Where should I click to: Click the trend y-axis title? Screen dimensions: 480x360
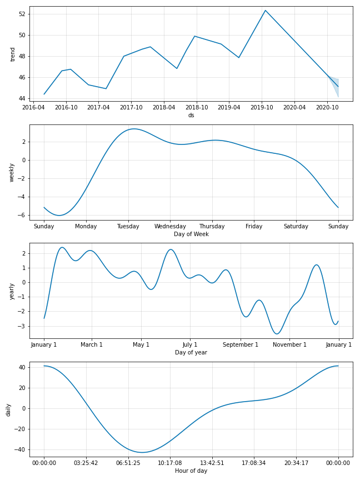12,54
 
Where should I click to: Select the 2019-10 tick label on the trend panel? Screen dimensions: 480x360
262,107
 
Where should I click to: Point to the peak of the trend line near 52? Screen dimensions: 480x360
266,11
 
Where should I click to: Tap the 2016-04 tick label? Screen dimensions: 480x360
33,107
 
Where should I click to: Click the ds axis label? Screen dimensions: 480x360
191,115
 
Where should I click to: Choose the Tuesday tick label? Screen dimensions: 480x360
128,226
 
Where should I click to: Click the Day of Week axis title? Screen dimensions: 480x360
191,234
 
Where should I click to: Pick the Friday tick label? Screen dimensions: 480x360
254,226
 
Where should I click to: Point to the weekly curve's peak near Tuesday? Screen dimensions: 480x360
133,129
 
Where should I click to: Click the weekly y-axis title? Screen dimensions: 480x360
12,172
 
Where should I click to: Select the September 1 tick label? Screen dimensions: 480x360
241,344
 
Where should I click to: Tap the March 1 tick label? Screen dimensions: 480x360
92,344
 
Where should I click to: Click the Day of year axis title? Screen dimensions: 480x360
191,352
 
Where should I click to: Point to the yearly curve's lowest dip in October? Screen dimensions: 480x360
277,334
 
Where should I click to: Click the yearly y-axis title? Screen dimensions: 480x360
12,291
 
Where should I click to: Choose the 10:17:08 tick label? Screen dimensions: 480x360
170,463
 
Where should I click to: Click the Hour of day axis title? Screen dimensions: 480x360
191,471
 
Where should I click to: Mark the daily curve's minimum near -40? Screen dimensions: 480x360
143,452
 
